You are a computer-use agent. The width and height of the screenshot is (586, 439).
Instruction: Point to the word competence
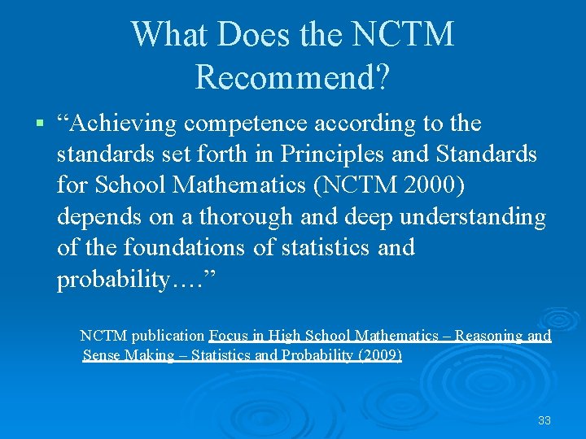247,124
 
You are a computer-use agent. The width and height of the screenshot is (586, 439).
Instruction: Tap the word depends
96,216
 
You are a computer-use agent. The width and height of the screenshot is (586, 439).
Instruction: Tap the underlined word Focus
227,335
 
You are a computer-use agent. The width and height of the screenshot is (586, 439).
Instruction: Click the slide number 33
544,420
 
